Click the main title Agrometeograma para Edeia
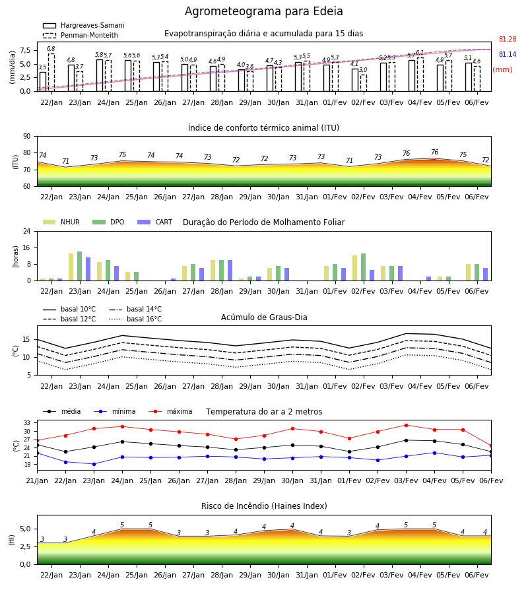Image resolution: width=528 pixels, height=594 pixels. click(263, 11)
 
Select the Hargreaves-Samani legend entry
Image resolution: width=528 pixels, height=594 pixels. click(83, 25)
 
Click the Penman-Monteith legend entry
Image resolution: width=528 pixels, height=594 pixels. click(81, 35)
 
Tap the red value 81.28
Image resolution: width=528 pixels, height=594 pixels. click(508, 39)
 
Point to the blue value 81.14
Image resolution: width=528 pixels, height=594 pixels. click(508, 54)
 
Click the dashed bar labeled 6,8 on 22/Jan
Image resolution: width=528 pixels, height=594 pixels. click(51, 73)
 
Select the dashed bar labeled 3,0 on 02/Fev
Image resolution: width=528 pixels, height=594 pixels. click(363, 83)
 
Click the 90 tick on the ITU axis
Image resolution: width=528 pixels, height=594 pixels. click(27, 137)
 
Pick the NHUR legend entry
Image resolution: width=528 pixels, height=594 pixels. click(61, 222)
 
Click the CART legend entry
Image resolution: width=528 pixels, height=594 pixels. click(154, 222)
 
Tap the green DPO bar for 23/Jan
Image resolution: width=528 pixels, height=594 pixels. click(80, 266)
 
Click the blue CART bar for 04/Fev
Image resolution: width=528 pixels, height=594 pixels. click(428, 279)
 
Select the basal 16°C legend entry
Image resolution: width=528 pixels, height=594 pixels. click(135, 319)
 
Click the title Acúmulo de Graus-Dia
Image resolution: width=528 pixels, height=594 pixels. click(264, 317)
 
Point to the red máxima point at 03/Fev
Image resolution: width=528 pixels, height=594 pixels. click(406, 425)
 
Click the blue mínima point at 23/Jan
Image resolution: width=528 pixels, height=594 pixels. click(94, 464)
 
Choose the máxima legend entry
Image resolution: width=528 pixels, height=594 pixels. click(170, 411)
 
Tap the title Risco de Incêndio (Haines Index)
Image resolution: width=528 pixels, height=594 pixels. click(264, 506)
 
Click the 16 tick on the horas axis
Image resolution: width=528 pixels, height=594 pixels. click(27, 247)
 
